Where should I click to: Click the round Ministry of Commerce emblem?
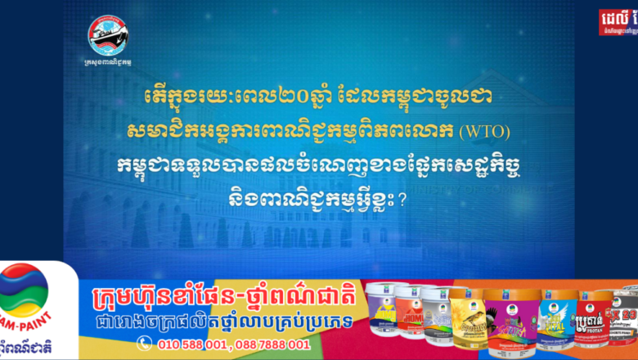(x=108, y=37)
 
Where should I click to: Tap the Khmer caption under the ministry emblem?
(x=108, y=63)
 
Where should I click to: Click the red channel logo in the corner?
(x=618, y=21)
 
